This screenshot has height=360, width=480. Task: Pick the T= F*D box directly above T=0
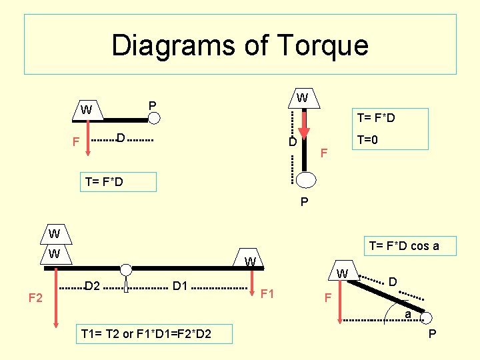pos(376,118)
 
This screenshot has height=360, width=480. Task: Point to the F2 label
pos(36,297)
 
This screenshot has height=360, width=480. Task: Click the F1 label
pos(268,293)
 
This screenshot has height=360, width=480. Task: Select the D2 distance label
pos(92,287)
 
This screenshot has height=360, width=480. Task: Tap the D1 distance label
pos(179,287)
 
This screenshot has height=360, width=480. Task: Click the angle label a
pos(407,314)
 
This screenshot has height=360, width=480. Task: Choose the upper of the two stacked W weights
pos(55,234)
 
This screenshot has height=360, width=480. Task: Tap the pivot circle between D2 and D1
pos(126,270)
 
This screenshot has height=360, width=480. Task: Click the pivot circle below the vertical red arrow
pos(306,180)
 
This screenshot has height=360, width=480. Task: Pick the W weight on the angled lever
pos(342,273)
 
